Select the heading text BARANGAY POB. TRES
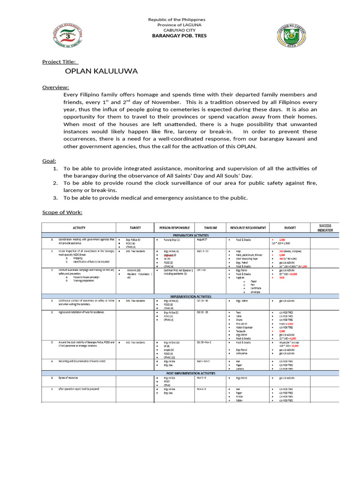pyautogui.click(x=177, y=36)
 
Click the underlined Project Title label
pyautogui.click(x=60, y=62)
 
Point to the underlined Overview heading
pyautogui.click(x=56, y=87)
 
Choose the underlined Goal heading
pyautogui.click(x=49, y=161)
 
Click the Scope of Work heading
pyautogui.click(x=62, y=212)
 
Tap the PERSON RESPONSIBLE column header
pyautogui.click(x=174, y=227)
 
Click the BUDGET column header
pyautogui.click(x=289, y=227)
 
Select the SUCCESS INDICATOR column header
pyautogui.click(x=324, y=228)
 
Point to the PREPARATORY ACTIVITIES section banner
pyautogui.click(x=191, y=235)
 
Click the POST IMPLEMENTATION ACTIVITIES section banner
pyautogui.click(x=191, y=373)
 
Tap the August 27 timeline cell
pyautogui.click(x=202, y=239)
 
